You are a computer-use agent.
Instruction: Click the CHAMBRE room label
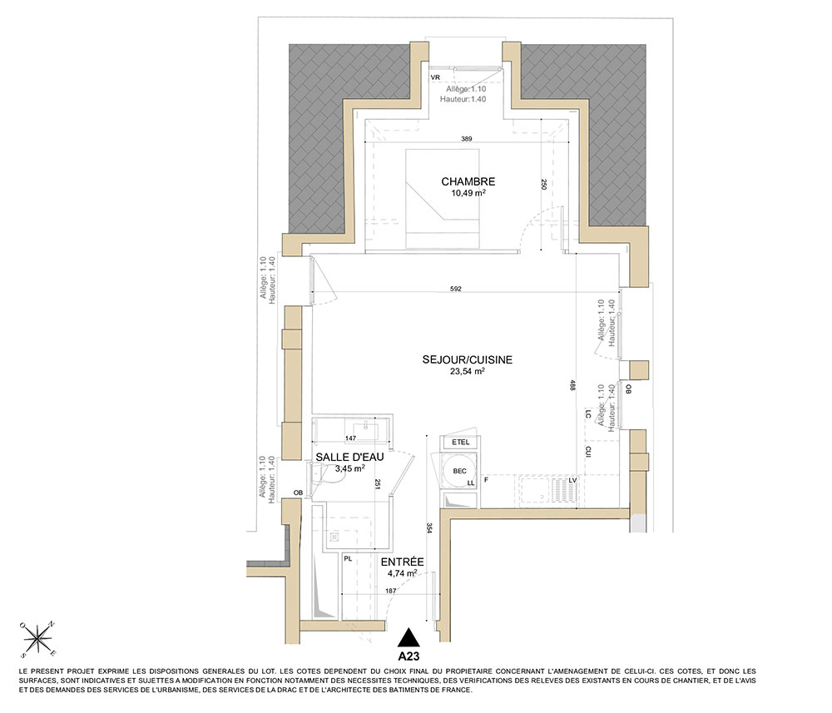click(468, 181)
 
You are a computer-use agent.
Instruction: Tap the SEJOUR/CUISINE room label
click(468, 359)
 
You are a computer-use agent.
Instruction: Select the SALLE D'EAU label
click(349, 458)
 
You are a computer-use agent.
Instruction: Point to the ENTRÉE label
click(402, 562)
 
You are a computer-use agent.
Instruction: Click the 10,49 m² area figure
click(468, 193)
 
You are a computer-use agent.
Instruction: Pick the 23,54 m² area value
click(468, 371)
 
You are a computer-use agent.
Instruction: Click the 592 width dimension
click(456, 290)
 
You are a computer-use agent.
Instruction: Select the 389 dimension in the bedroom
click(467, 139)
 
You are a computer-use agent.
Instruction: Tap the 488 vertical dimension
click(572, 385)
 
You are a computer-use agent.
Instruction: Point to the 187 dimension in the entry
click(391, 591)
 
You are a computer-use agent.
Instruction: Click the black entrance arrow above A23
click(409, 637)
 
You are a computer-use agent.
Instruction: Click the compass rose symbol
click(38, 637)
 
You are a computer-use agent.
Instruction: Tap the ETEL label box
click(461, 443)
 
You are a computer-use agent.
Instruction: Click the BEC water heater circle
click(459, 471)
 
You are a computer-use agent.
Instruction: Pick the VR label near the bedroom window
click(435, 77)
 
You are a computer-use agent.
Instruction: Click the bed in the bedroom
click(443, 198)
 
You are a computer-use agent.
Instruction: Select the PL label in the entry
click(348, 558)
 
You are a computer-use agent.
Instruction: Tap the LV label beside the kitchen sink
click(572, 480)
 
